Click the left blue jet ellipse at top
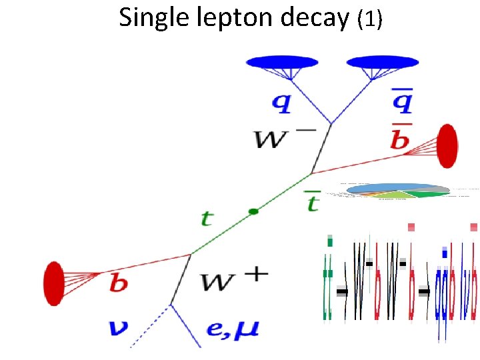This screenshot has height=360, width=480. click(282, 62)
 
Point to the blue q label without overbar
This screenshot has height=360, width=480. click(281, 103)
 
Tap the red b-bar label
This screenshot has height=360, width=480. click(401, 137)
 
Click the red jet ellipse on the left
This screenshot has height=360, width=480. click(53, 283)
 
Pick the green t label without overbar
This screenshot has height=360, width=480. click(208, 217)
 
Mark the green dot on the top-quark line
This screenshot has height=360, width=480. click(253, 211)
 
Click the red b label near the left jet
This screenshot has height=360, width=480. click(119, 283)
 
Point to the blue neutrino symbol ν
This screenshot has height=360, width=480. click(119, 327)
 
